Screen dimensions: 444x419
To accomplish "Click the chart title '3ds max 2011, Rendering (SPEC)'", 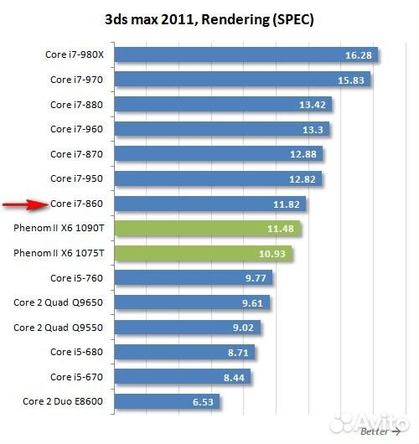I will [x=209, y=18].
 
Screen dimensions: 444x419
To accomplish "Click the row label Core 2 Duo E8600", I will [x=63, y=401].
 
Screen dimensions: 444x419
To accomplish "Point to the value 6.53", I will [x=204, y=401].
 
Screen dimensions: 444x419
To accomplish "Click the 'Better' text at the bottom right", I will [x=374, y=432].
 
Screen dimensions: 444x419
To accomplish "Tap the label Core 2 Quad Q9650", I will [x=58, y=302].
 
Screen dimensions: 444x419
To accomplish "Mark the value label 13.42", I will [x=313, y=105].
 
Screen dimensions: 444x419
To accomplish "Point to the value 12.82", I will [x=302, y=178].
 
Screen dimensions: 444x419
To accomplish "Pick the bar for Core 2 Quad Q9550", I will [x=187, y=327].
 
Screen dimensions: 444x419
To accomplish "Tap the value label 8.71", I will [x=239, y=352].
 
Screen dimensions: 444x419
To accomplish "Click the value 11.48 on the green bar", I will [x=281, y=228].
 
